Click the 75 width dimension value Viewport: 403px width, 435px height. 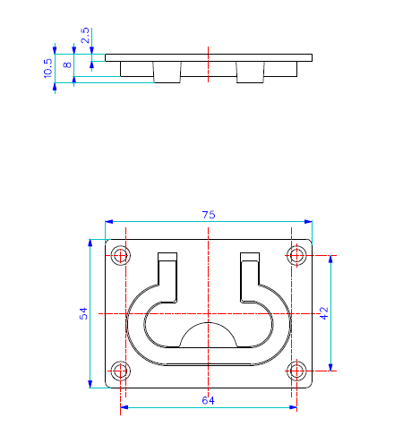(209, 215)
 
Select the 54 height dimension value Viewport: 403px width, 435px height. (83, 313)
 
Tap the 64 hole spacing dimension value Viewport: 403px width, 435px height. (208, 400)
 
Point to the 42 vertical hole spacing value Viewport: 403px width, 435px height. (324, 313)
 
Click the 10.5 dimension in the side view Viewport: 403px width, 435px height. (47, 68)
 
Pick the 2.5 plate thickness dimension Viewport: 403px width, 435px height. (85, 36)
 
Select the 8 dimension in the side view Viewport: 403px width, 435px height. (68, 64)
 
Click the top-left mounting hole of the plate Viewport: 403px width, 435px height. (121, 255)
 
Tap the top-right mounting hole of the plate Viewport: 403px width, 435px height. (296, 255)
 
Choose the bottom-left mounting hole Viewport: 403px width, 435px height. (121, 371)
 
